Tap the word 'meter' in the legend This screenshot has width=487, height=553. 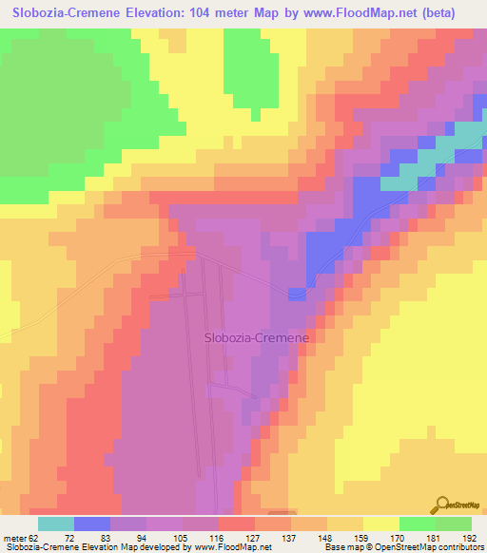(16, 539)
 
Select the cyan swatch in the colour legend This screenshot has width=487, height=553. (55, 524)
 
